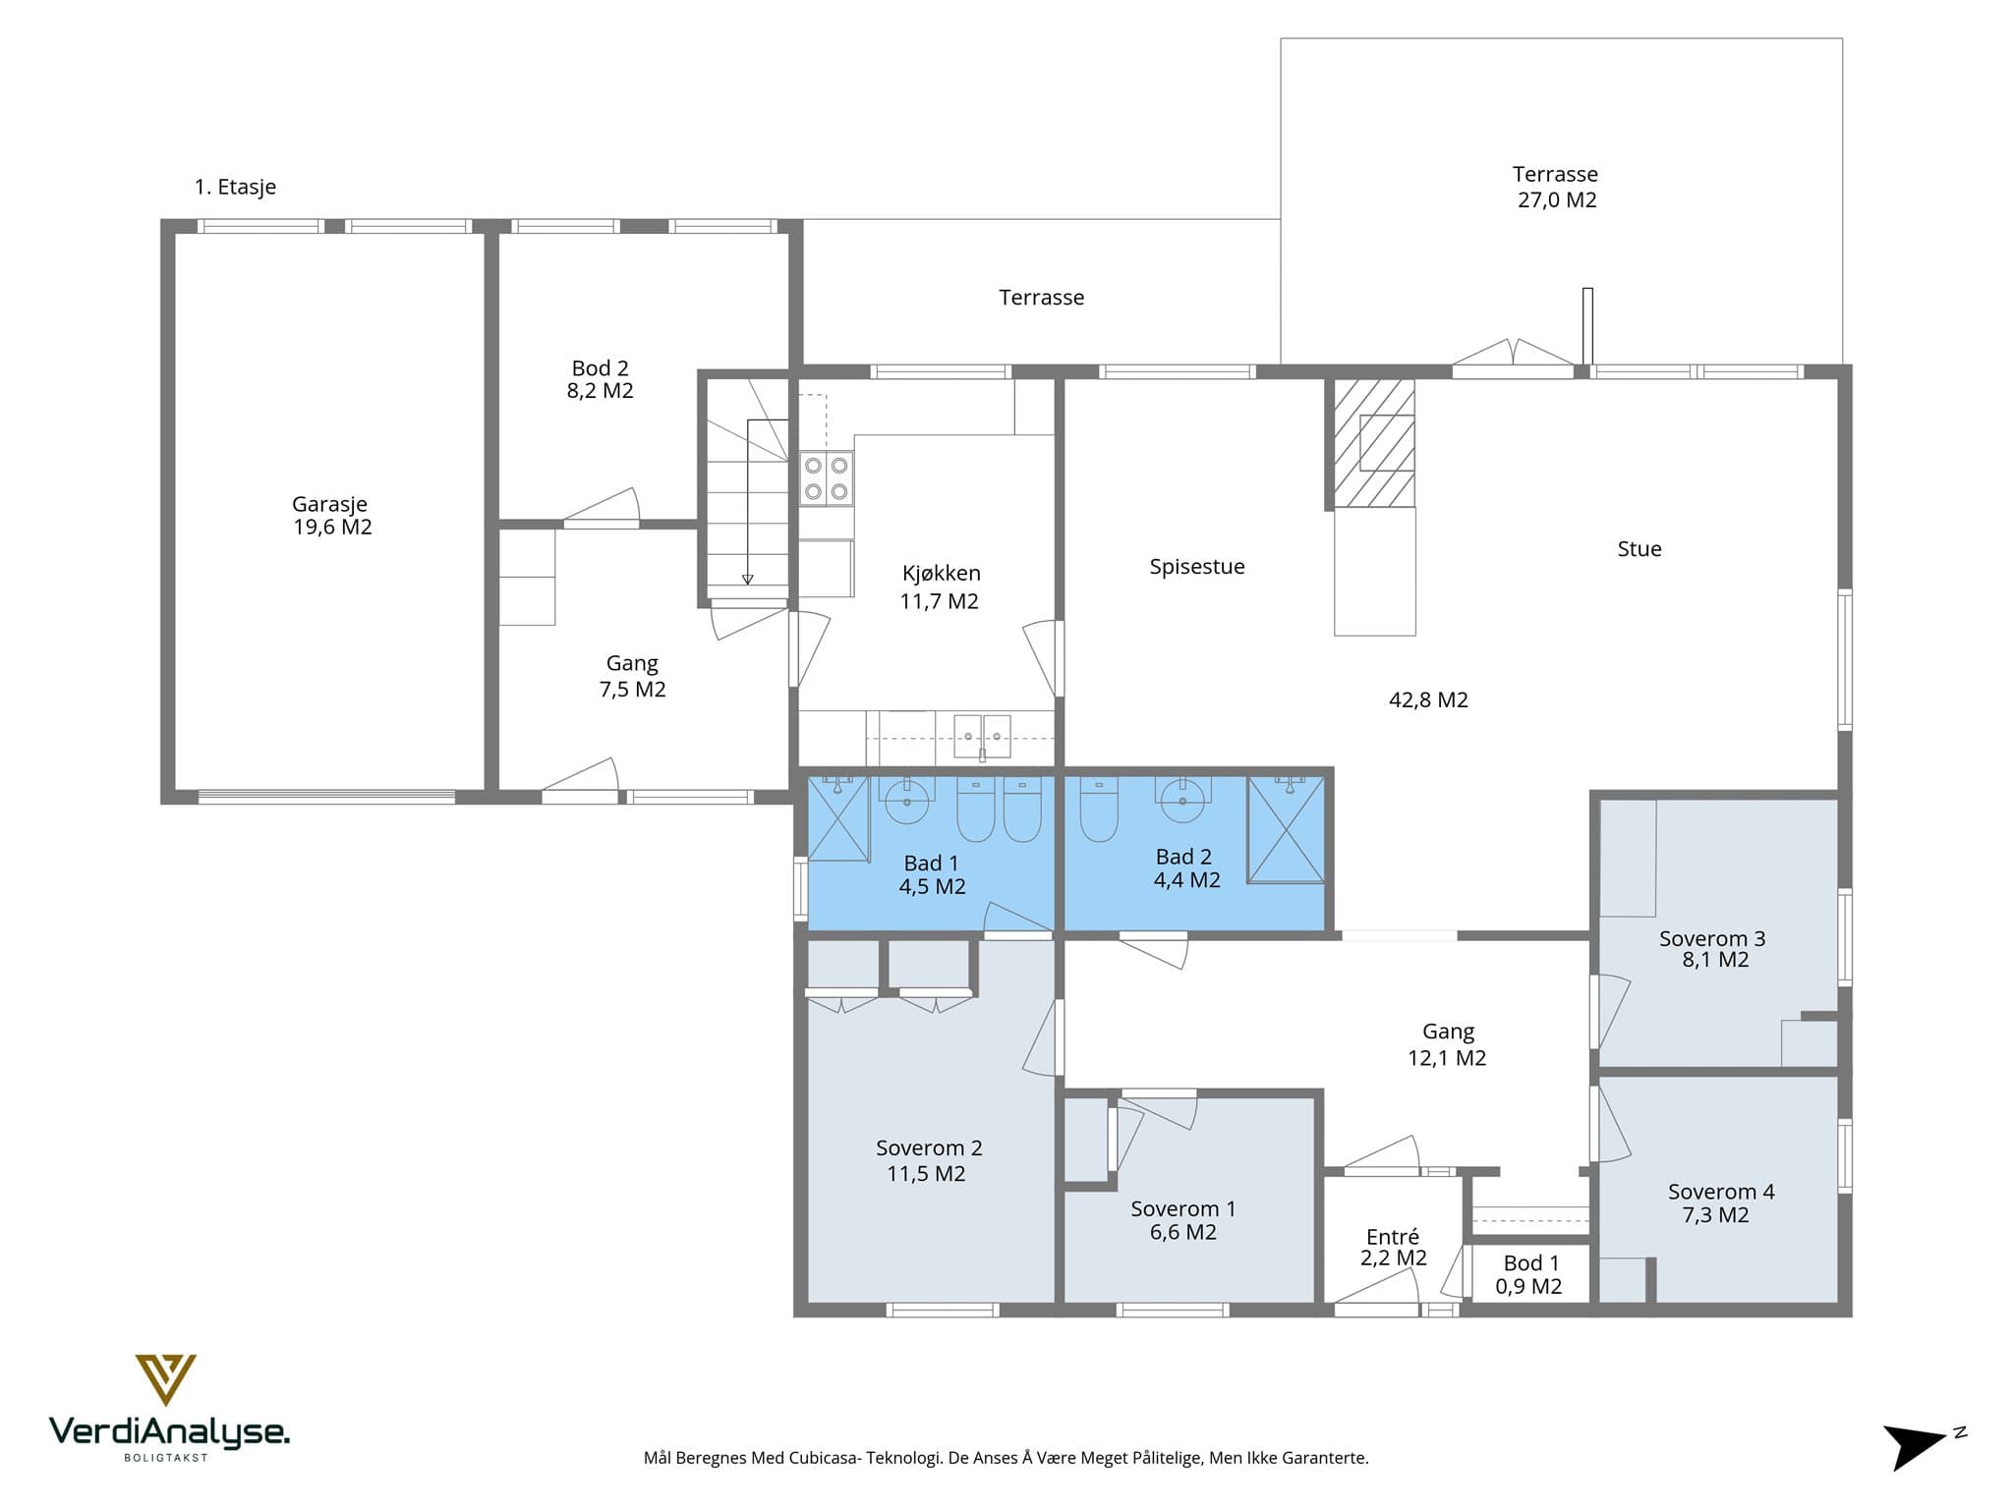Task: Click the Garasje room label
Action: coord(329,504)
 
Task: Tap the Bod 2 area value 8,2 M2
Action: coord(600,391)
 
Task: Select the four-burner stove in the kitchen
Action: coord(826,478)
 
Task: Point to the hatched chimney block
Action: coord(1373,443)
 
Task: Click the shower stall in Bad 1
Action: coord(838,818)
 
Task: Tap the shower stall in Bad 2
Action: coord(1286,830)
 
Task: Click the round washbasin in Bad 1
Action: coord(907,801)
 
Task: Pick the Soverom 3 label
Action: coord(1712,938)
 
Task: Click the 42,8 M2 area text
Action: coord(1428,699)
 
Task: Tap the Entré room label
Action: coord(1393,1237)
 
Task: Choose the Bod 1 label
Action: coord(1530,1263)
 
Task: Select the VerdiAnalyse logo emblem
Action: coord(165,1379)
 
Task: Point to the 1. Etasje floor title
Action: coord(235,187)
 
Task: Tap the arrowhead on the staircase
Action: coord(747,579)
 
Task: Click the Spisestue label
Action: coord(1197,567)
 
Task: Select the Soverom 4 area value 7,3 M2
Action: coord(1715,1215)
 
